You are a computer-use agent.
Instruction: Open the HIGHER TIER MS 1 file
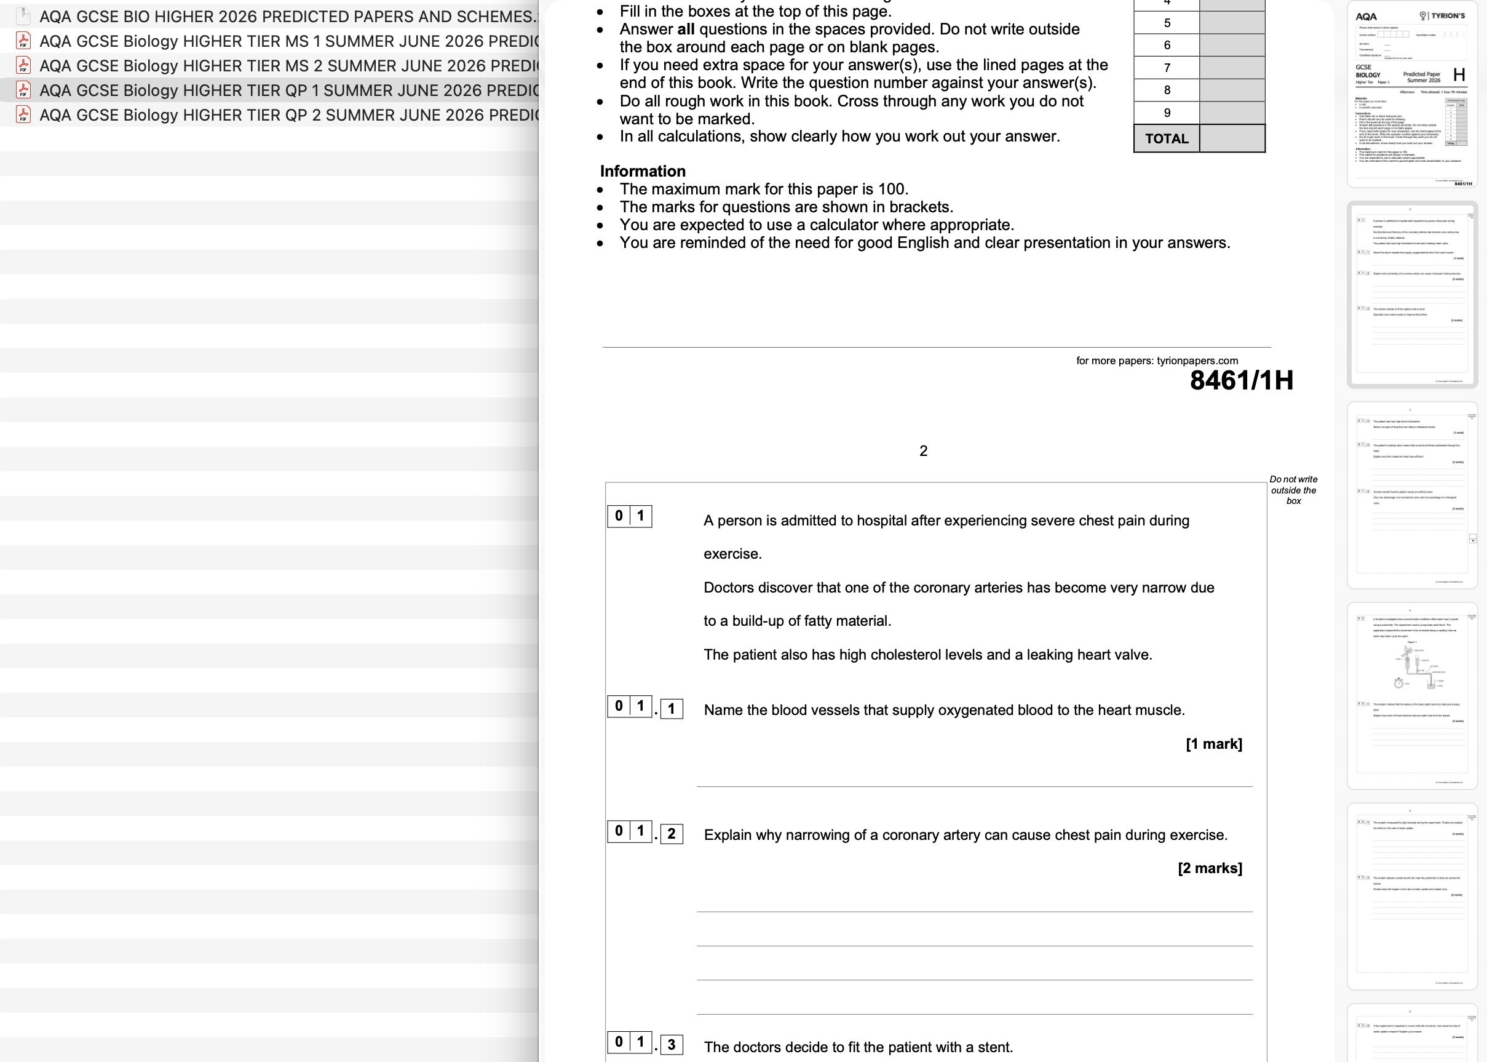pyautogui.click(x=288, y=41)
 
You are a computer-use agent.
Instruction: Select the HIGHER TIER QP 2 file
pyautogui.click(x=288, y=115)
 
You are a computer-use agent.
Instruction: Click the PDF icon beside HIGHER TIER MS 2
pyautogui.click(x=23, y=65)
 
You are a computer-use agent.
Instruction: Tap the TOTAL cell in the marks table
pyautogui.click(x=1167, y=138)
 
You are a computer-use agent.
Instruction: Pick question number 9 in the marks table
pyautogui.click(x=1167, y=113)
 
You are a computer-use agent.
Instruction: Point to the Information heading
pyautogui.click(x=643, y=171)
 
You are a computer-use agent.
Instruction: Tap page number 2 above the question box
pyautogui.click(x=923, y=450)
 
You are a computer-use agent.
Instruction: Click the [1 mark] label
pyautogui.click(x=1214, y=744)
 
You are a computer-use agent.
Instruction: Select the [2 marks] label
pyautogui.click(x=1210, y=868)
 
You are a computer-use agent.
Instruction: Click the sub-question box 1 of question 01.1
pyautogui.click(x=672, y=709)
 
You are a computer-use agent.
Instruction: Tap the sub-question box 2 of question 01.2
pyautogui.click(x=672, y=834)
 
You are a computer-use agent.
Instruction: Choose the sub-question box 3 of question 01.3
pyautogui.click(x=672, y=1045)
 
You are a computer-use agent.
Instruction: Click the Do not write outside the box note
pyautogui.click(x=1293, y=490)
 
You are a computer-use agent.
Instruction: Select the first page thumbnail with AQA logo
pyautogui.click(x=1412, y=95)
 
